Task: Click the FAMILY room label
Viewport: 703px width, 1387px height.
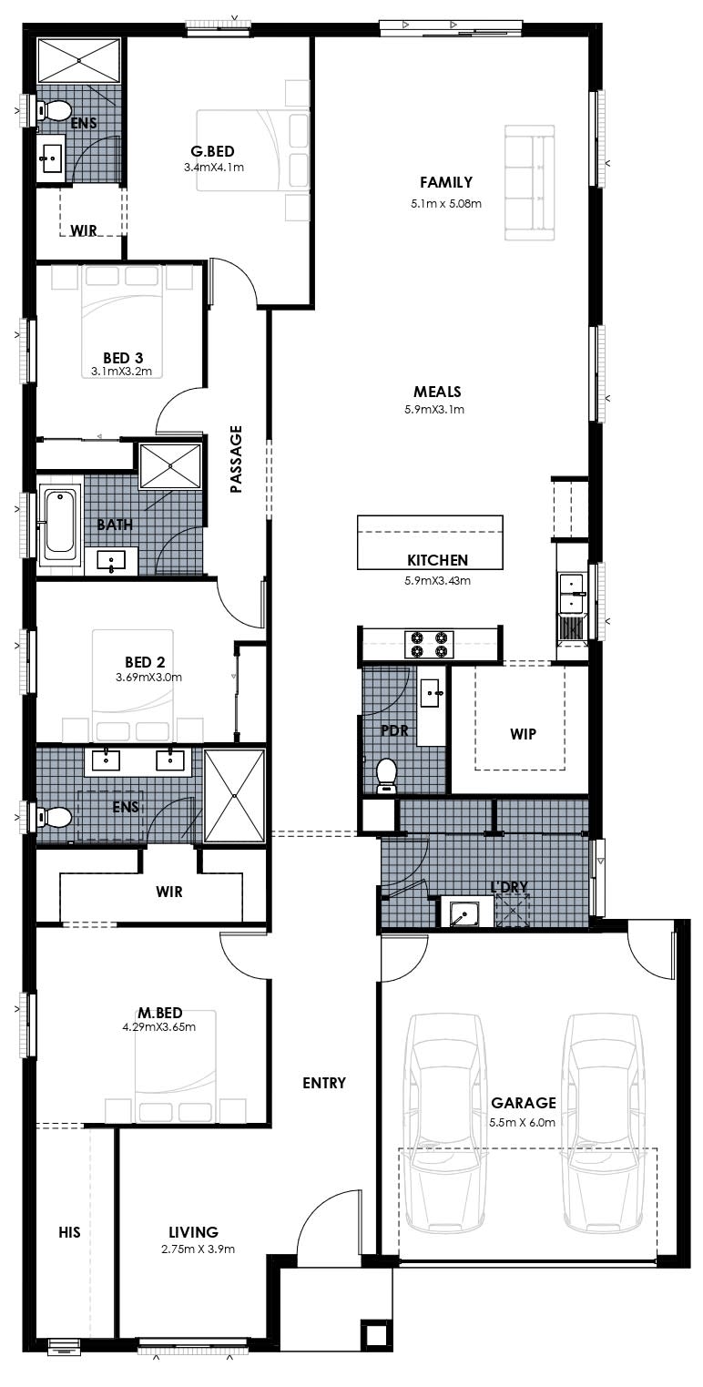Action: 446,182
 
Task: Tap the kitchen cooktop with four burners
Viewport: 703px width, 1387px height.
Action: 429,644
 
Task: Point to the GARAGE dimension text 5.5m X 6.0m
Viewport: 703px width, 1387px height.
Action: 523,1123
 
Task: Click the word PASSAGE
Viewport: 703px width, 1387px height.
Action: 236,459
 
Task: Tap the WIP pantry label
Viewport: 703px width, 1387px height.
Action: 523,734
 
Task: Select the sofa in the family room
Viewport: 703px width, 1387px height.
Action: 530,183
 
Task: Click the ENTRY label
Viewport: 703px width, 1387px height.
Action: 324,1083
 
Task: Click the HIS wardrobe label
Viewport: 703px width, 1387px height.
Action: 69,1232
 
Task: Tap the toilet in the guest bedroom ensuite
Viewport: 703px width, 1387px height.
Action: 54,111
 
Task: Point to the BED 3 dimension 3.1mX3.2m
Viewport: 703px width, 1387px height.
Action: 121,372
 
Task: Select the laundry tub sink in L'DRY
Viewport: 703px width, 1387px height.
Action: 464,913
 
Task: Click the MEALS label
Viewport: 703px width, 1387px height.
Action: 437,392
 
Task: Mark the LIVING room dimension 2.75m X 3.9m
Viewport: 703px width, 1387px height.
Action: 199,1249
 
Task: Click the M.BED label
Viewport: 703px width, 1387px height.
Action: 159,1013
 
